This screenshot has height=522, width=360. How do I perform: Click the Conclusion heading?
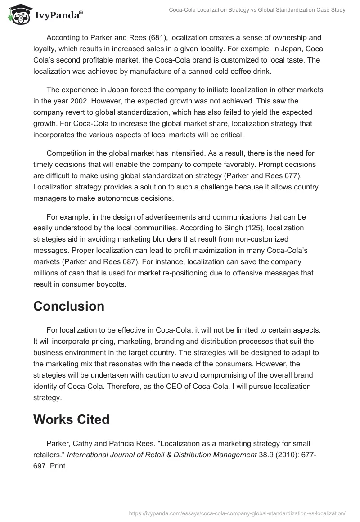coord(69,306)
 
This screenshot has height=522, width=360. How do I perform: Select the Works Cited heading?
coord(72,419)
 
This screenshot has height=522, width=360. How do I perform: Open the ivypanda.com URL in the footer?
coord(237,513)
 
